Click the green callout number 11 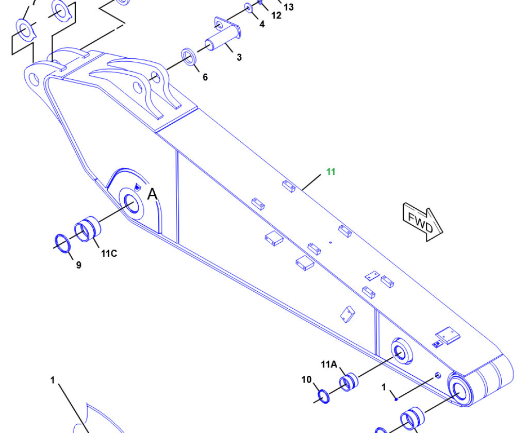tap(331, 172)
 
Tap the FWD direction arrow tap(423, 222)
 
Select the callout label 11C tap(109, 254)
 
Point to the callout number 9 tap(78, 265)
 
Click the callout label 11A tap(329, 364)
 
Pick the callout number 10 tap(306, 380)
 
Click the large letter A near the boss tap(153, 194)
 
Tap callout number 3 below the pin tap(239, 57)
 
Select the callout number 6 tap(205, 77)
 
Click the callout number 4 tap(262, 24)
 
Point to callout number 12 tap(276, 15)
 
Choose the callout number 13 tap(289, 7)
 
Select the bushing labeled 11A tap(349, 381)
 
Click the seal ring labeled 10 tap(324, 396)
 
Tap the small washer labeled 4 tap(249, 8)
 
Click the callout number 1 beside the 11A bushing tap(384, 388)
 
